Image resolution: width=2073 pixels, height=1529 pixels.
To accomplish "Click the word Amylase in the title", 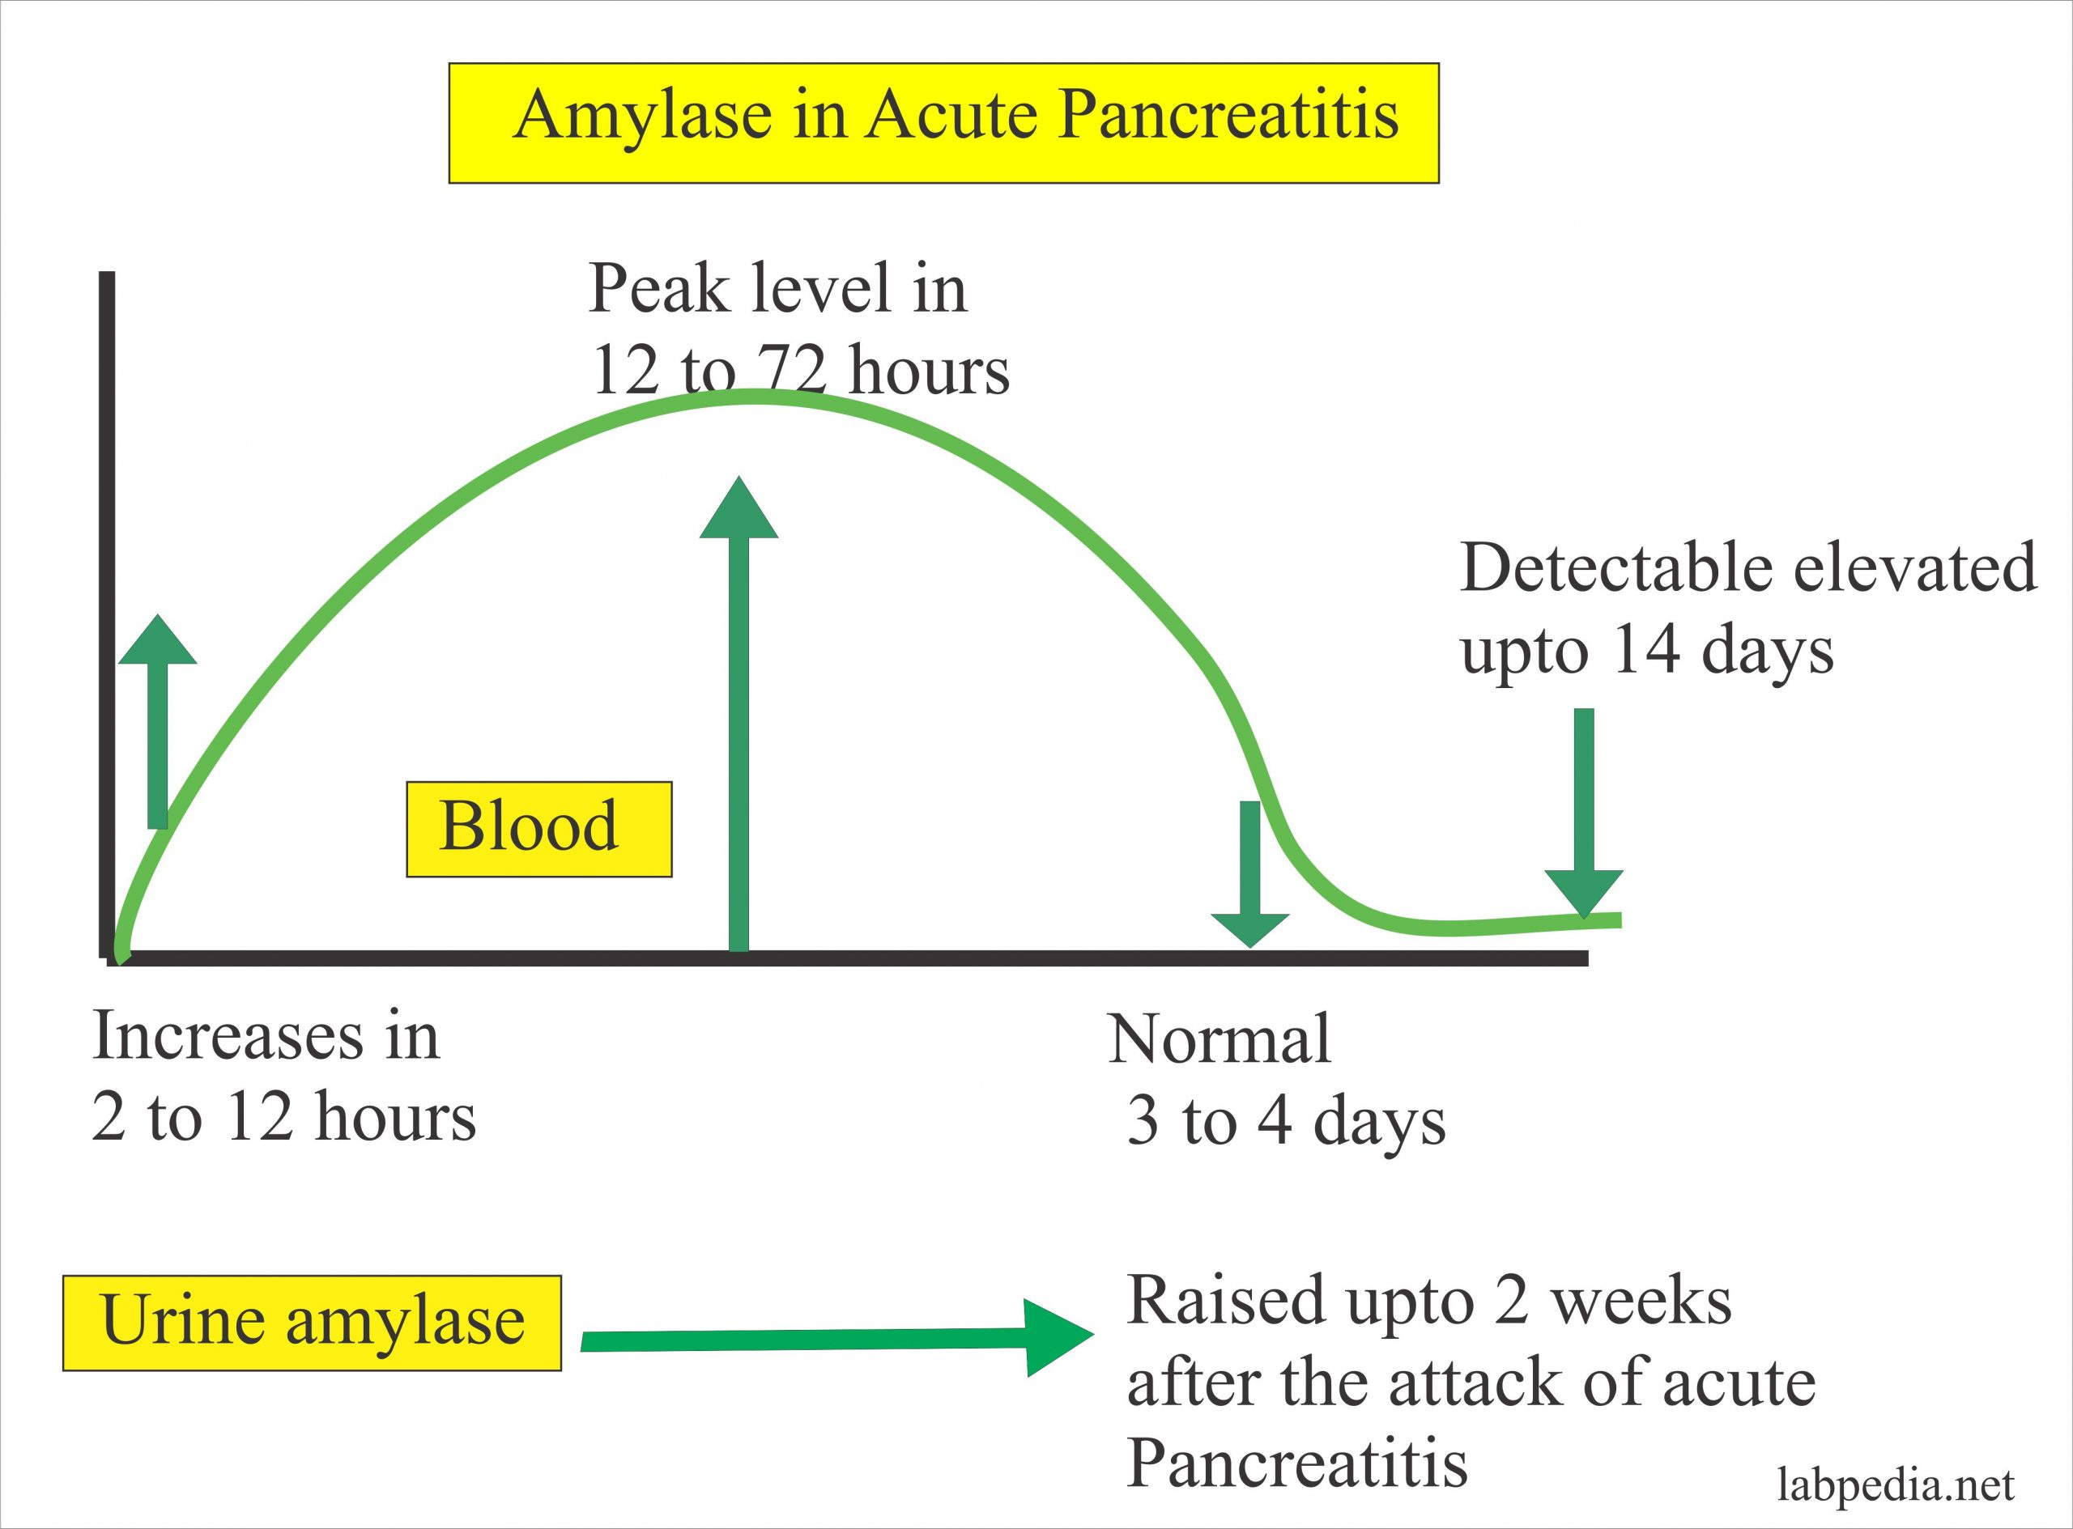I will pos(644,117).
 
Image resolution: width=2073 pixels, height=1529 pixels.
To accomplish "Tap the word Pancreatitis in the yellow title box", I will pos(1228,116).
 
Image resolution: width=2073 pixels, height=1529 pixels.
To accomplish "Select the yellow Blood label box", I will pos(538,828).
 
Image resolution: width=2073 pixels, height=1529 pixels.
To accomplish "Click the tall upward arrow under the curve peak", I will pos(739,712).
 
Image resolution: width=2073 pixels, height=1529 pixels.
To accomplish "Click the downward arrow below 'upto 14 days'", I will pos(1583,814).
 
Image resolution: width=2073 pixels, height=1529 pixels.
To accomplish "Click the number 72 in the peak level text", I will pos(793,370).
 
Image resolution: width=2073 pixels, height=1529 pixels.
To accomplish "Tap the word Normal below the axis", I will pos(1220,1039).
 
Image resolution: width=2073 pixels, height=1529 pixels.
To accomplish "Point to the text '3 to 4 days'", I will pos(1285,1122).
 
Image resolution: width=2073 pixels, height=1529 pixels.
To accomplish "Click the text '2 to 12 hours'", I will pos(283,1117).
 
